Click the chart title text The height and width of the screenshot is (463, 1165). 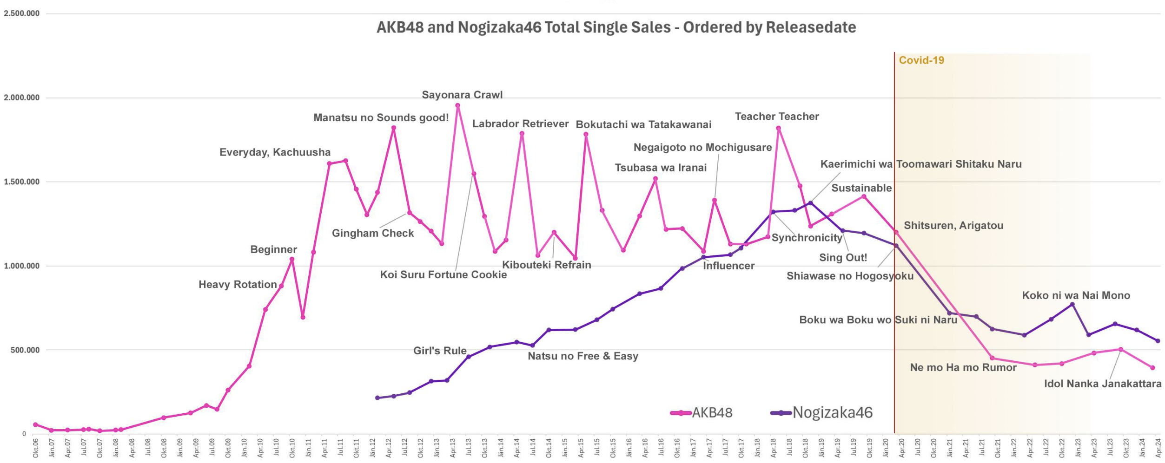click(x=616, y=27)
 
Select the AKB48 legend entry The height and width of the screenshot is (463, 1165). click(x=702, y=412)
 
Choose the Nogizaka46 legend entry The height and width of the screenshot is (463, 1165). click(x=822, y=412)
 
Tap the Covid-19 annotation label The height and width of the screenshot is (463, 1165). click(x=921, y=60)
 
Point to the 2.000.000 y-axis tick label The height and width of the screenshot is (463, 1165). click(x=22, y=98)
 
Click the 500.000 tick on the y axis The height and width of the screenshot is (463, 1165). click(x=25, y=350)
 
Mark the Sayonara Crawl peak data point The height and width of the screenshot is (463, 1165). click(x=457, y=106)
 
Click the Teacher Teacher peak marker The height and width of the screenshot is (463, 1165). click(x=778, y=129)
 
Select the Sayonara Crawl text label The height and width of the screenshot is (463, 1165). click(x=462, y=95)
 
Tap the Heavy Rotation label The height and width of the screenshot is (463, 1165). click(x=238, y=284)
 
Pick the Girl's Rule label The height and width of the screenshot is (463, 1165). click(x=440, y=351)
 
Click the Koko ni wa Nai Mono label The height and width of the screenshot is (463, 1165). click(x=1076, y=295)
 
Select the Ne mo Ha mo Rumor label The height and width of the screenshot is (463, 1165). click(x=963, y=367)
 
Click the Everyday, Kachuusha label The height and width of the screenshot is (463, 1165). click(x=275, y=152)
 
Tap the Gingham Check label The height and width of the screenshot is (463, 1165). click(x=373, y=233)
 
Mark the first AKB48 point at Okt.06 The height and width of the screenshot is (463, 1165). click(x=35, y=424)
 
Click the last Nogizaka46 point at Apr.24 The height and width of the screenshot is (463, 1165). click(x=1158, y=341)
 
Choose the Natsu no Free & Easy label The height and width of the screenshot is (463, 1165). click(x=583, y=356)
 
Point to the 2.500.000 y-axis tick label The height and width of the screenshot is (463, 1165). click(x=22, y=13)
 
